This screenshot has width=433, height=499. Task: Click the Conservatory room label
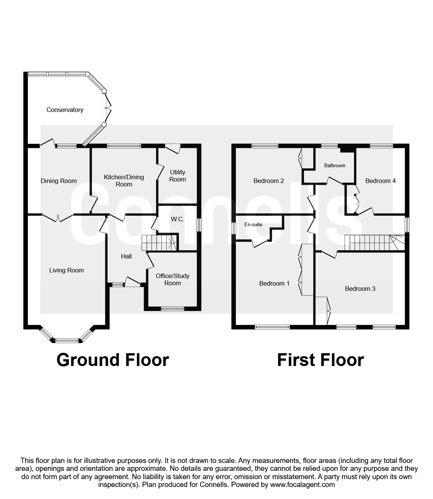[x=65, y=110]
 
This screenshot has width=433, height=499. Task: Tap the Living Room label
[x=66, y=270]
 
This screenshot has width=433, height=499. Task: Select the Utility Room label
[x=178, y=175]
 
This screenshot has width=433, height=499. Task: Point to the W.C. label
[x=177, y=219]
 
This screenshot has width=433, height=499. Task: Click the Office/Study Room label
[x=173, y=279]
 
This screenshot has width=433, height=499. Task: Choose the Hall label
[x=126, y=256]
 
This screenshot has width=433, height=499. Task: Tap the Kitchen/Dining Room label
[x=124, y=180]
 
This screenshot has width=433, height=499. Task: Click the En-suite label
[x=253, y=224]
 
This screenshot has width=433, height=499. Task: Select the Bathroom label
[x=334, y=165]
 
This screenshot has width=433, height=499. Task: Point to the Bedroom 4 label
[x=380, y=181]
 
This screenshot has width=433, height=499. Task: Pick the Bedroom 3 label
[x=360, y=289]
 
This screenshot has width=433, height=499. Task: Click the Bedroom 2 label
[x=269, y=181]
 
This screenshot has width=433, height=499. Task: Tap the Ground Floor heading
[x=112, y=360]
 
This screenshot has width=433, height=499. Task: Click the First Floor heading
[x=320, y=360]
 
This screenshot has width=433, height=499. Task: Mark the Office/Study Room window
[x=173, y=308]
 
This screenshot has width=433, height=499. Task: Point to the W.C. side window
[x=199, y=225]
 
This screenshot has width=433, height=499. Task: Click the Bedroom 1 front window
[x=272, y=327]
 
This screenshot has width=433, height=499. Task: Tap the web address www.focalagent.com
[x=302, y=484]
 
